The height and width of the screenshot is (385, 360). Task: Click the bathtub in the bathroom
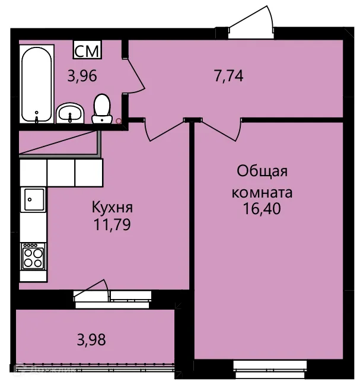(37, 84)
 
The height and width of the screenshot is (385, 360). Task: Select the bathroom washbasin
(71, 112)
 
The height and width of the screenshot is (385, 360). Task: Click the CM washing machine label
(87, 50)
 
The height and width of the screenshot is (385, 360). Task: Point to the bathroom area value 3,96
(82, 77)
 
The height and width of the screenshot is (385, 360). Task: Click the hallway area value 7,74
(229, 75)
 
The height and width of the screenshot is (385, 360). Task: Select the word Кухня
(111, 208)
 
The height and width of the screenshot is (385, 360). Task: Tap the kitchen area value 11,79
(111, 225)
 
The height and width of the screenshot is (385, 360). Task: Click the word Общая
(262, 172)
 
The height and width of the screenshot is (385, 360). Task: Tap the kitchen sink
(33, 199)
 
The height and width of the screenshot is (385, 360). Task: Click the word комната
(262, 192)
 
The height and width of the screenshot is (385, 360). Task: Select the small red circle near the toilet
(119, 122)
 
